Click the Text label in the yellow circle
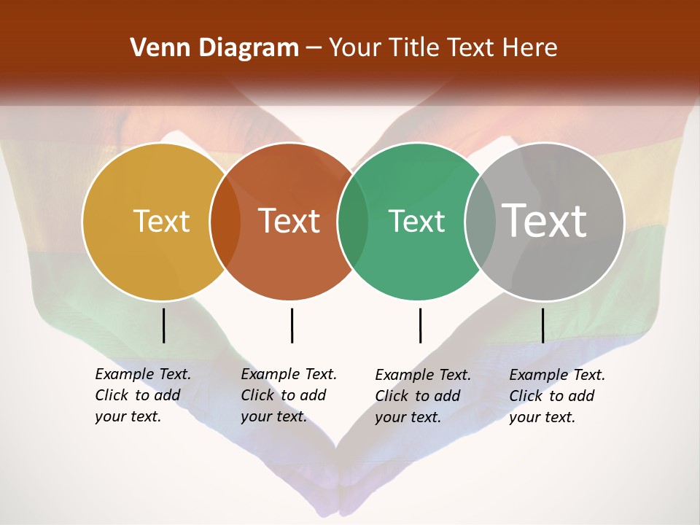[161, 221]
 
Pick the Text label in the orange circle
[289, 221]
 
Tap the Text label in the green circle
[417, 221]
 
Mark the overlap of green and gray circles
[481, 221]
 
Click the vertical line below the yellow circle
[163, 325]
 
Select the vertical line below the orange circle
[292, 325]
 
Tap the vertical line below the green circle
[420, 325]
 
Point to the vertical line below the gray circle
[542, 325]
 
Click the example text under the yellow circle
[142, 395]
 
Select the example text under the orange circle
[288, 395]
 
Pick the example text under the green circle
[422, 396]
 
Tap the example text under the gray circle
[556, 396]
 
